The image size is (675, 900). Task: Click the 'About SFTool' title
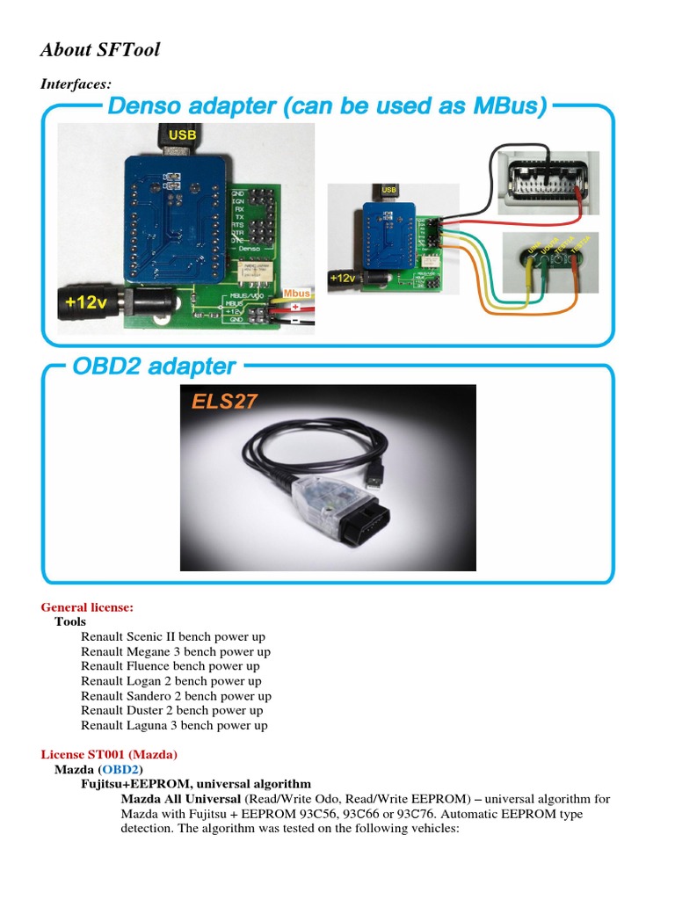100,50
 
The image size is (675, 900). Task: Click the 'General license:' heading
87,607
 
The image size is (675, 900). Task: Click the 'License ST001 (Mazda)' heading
109,754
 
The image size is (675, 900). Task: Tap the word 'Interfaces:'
76,84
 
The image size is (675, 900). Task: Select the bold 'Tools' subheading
70,621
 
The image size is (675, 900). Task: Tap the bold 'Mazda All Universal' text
180,799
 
